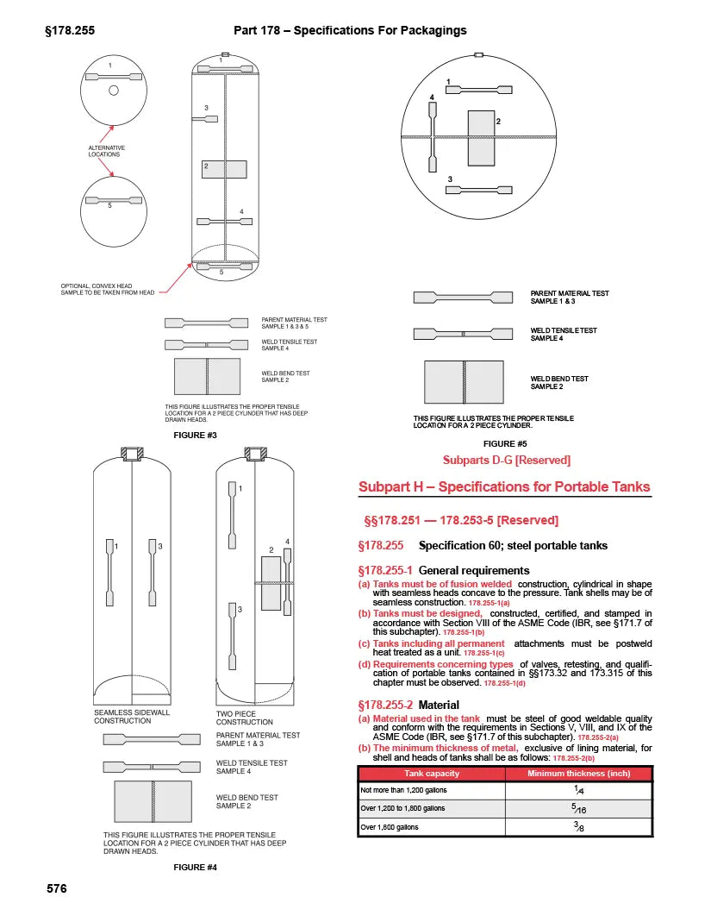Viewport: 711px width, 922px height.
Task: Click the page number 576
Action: [x=55, y=888]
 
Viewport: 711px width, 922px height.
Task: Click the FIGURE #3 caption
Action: [x=194, y=436]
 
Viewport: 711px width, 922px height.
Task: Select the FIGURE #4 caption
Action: [x=194, y=868]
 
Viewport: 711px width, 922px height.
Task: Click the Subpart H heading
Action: [x=504, y=487]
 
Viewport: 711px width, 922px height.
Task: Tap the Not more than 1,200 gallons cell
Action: [x=403, y=790]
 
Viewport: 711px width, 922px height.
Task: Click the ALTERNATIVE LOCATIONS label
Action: [x=107, y=151]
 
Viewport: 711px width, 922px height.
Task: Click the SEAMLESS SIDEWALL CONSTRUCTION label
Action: [x=132, y=717]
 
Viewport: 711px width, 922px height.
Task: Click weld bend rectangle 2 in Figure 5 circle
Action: [x=480, y=138]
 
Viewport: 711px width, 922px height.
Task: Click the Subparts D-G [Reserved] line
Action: [x=506, y=461]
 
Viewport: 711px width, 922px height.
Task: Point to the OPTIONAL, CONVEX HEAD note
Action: [x=108, y=289]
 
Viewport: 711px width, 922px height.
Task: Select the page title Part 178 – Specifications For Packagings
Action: [x=350, y=30]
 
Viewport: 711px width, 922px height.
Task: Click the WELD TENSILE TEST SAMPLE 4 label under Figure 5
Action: [x=564, y=335]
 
